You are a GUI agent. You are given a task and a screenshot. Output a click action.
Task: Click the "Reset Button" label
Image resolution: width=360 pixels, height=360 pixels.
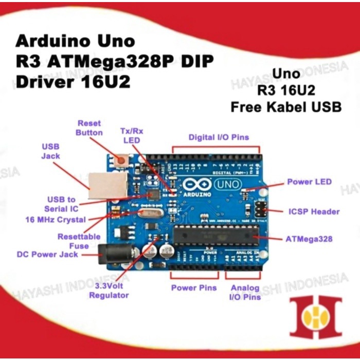tap(89, 128)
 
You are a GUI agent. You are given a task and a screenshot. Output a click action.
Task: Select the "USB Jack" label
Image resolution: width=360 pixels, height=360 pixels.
tap(50, 151)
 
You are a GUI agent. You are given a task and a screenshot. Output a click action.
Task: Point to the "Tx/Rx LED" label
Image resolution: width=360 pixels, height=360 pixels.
tap(132, 136)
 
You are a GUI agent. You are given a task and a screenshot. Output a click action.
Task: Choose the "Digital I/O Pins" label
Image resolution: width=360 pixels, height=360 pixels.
tap(219, 137)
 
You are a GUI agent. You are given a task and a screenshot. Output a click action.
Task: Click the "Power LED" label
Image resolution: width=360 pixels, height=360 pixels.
tap(309, 182)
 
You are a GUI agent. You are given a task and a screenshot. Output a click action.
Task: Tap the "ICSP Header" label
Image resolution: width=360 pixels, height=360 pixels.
tap(314, 211)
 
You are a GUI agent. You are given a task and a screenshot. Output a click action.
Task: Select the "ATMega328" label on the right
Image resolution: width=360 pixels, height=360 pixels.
tap(309, 239)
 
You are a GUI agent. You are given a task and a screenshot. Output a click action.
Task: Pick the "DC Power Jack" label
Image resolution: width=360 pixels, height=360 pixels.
tap(47, 254)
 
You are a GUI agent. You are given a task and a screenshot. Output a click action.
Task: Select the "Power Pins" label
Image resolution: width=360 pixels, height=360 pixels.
tap(194, 287)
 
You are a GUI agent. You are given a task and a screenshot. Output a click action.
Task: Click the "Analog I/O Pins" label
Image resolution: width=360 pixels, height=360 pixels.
tap(245, 292)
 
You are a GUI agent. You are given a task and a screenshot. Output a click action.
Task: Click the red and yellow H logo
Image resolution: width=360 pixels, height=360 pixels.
tap(315, 317)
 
